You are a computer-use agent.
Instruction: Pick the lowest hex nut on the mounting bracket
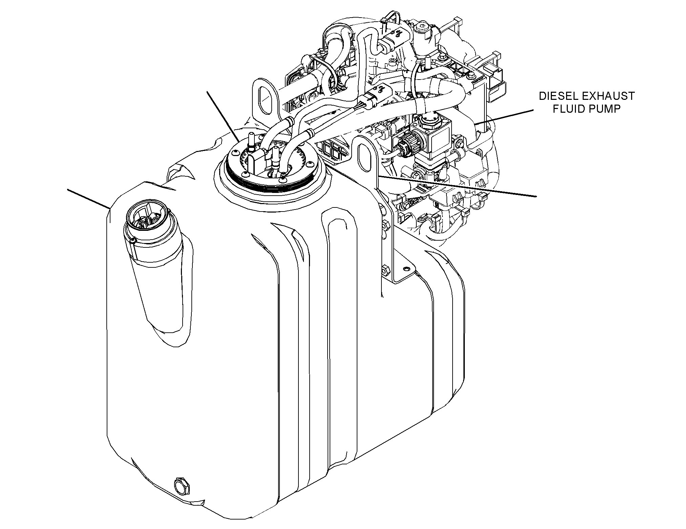pos(385,271)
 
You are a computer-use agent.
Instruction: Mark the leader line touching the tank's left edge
pos(89,199)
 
